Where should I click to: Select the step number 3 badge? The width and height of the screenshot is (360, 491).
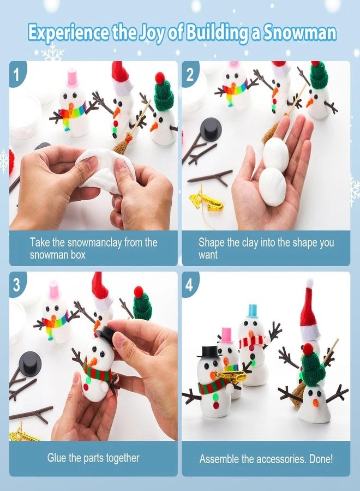[17, 284]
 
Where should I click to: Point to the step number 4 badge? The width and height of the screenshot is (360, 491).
[189, 284]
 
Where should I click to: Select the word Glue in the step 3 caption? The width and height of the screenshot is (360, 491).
[58, 458]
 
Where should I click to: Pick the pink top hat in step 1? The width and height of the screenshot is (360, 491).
[73, 78]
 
